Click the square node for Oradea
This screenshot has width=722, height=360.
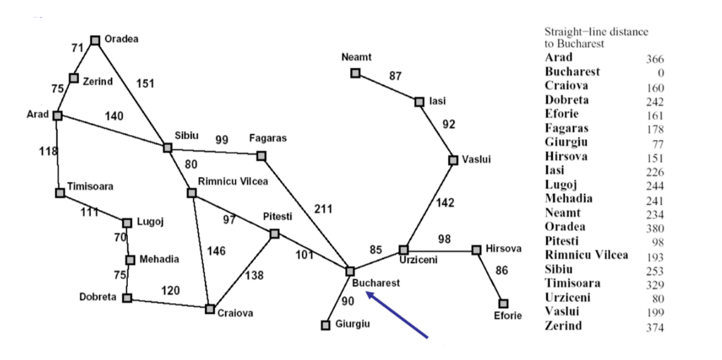tap(95, 40)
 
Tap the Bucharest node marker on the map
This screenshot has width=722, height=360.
tap(350, 271)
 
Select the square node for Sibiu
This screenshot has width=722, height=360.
tap(167, 147)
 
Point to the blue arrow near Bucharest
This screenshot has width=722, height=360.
tap(397, 316)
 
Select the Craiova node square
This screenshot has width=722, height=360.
tap(210, 308)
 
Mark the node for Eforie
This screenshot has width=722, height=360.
tap(504, 303)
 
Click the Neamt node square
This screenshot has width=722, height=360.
tap(355, 73)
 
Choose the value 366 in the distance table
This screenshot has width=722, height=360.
tap(655, 59)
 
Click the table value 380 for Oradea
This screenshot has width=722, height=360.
tap(655, 228)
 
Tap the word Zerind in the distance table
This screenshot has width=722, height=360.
tap(564, 325)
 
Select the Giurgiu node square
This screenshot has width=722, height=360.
tap(325, 324)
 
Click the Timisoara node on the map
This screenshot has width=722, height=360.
tap(60, 193)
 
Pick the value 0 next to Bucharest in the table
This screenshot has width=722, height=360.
tap(660, 73)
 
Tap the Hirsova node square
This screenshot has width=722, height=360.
tap(477, 250)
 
